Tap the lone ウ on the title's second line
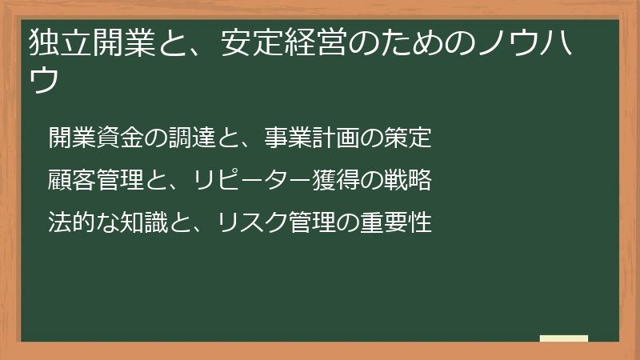pyautogui.click(x=43, y=81)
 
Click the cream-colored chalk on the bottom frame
pyautogui.click(x=564, y=338)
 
